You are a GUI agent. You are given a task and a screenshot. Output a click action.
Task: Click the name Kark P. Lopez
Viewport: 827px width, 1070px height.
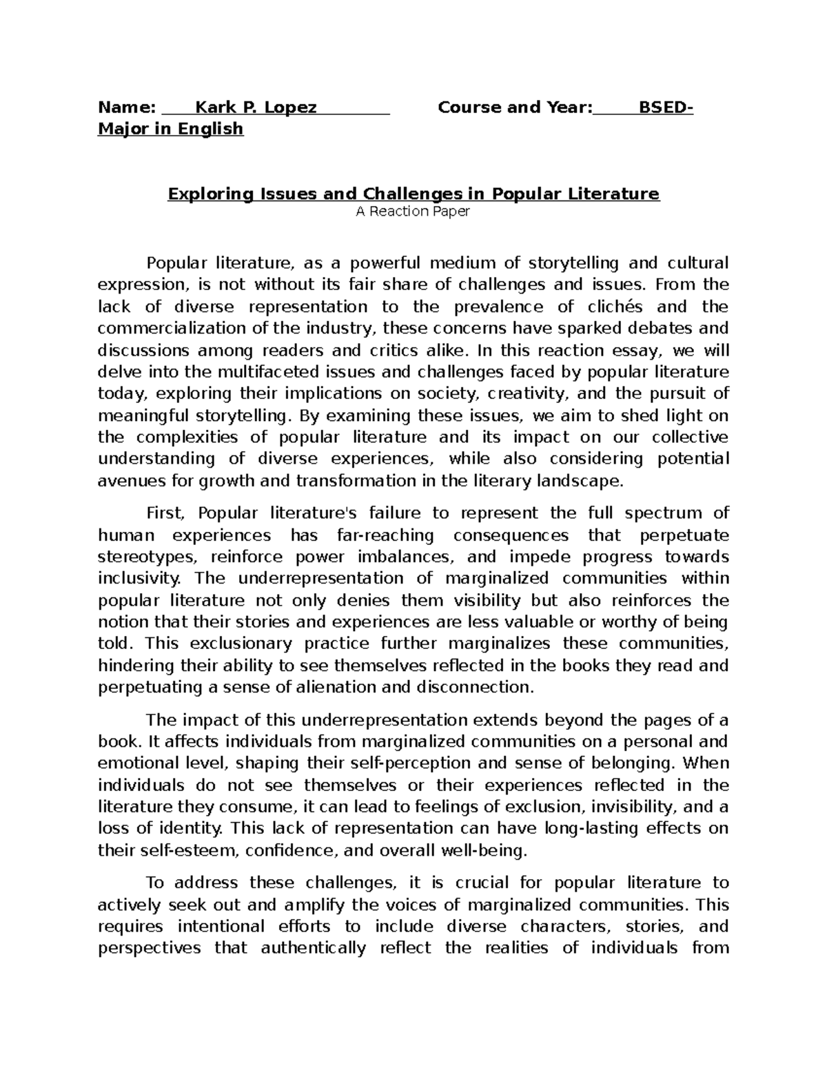(x=256, y=107)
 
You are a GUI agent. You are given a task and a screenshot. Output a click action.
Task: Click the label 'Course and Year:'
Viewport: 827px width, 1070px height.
(x=515, y=107)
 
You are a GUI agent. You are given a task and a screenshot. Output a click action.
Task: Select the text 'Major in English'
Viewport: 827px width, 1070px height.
(x=170, y=129)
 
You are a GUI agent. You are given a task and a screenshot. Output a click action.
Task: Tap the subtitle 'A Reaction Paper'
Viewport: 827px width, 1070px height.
(x=412, y=212)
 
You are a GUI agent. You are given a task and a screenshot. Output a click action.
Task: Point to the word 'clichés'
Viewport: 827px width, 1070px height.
(x=615, y=307)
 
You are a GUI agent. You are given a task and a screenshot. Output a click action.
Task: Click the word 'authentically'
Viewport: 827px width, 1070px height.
(x=314, y=948)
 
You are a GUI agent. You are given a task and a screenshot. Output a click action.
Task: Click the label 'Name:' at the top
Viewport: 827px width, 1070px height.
(x=127, y=107)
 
